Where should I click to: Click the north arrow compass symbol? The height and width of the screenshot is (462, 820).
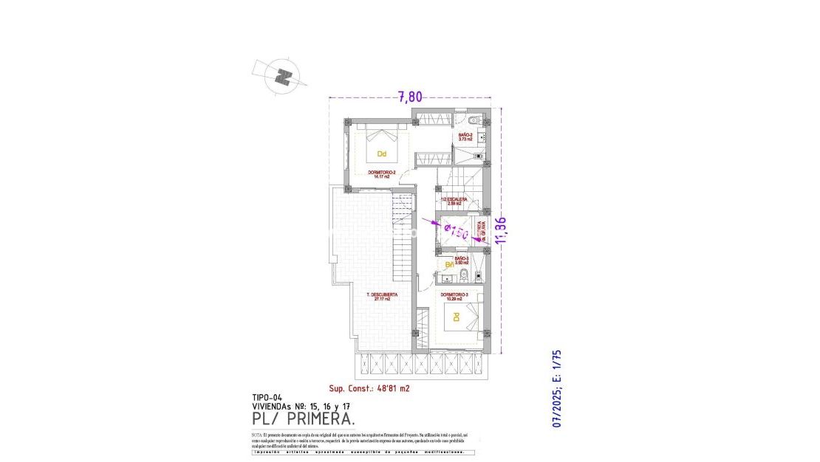tap(281, 75)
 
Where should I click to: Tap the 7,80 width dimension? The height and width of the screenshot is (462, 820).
tap(411, 96)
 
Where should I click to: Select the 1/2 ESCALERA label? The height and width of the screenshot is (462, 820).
tap(454, 200)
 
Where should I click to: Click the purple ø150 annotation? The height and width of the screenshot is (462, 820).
tap(455, 230)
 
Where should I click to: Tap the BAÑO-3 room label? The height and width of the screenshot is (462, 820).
tap(462, 260)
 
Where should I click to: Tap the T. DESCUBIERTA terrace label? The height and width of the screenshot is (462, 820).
tap(382, 297)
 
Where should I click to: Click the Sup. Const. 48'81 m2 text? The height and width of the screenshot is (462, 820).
tap(369, 388)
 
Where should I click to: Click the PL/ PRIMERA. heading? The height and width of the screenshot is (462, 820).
tap(303, 418)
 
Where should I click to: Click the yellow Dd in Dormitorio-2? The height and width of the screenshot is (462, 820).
tap(382, 154)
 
